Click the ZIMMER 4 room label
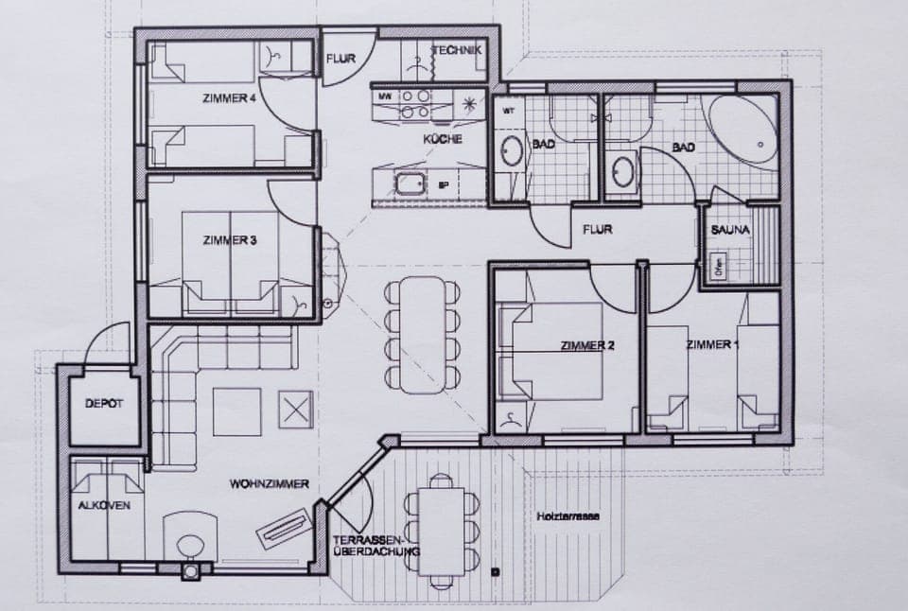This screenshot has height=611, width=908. click(x=230, y=98)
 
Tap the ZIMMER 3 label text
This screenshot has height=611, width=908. click(x=229, y=240)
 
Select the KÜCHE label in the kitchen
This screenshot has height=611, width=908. click(x=443, y=139)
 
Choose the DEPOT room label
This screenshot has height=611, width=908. click(x=104, y=404)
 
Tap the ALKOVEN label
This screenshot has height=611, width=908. click(x=104, y=506)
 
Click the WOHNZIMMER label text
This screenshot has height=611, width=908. click(x=269, y=483)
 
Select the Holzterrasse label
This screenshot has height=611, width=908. click(x=567, y=516)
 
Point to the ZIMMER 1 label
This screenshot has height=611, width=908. click(x=712, y=344)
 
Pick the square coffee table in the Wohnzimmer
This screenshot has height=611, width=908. click(x=236, y=411)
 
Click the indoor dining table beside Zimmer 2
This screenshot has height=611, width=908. click(x=423, y=335)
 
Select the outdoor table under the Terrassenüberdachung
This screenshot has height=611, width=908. click(x=441, y=530)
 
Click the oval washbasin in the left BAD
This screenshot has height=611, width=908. click(x=512, y=152)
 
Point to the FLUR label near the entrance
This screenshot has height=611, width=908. click(x=340, y=59)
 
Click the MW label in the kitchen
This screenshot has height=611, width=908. click(x=385, y=96)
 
